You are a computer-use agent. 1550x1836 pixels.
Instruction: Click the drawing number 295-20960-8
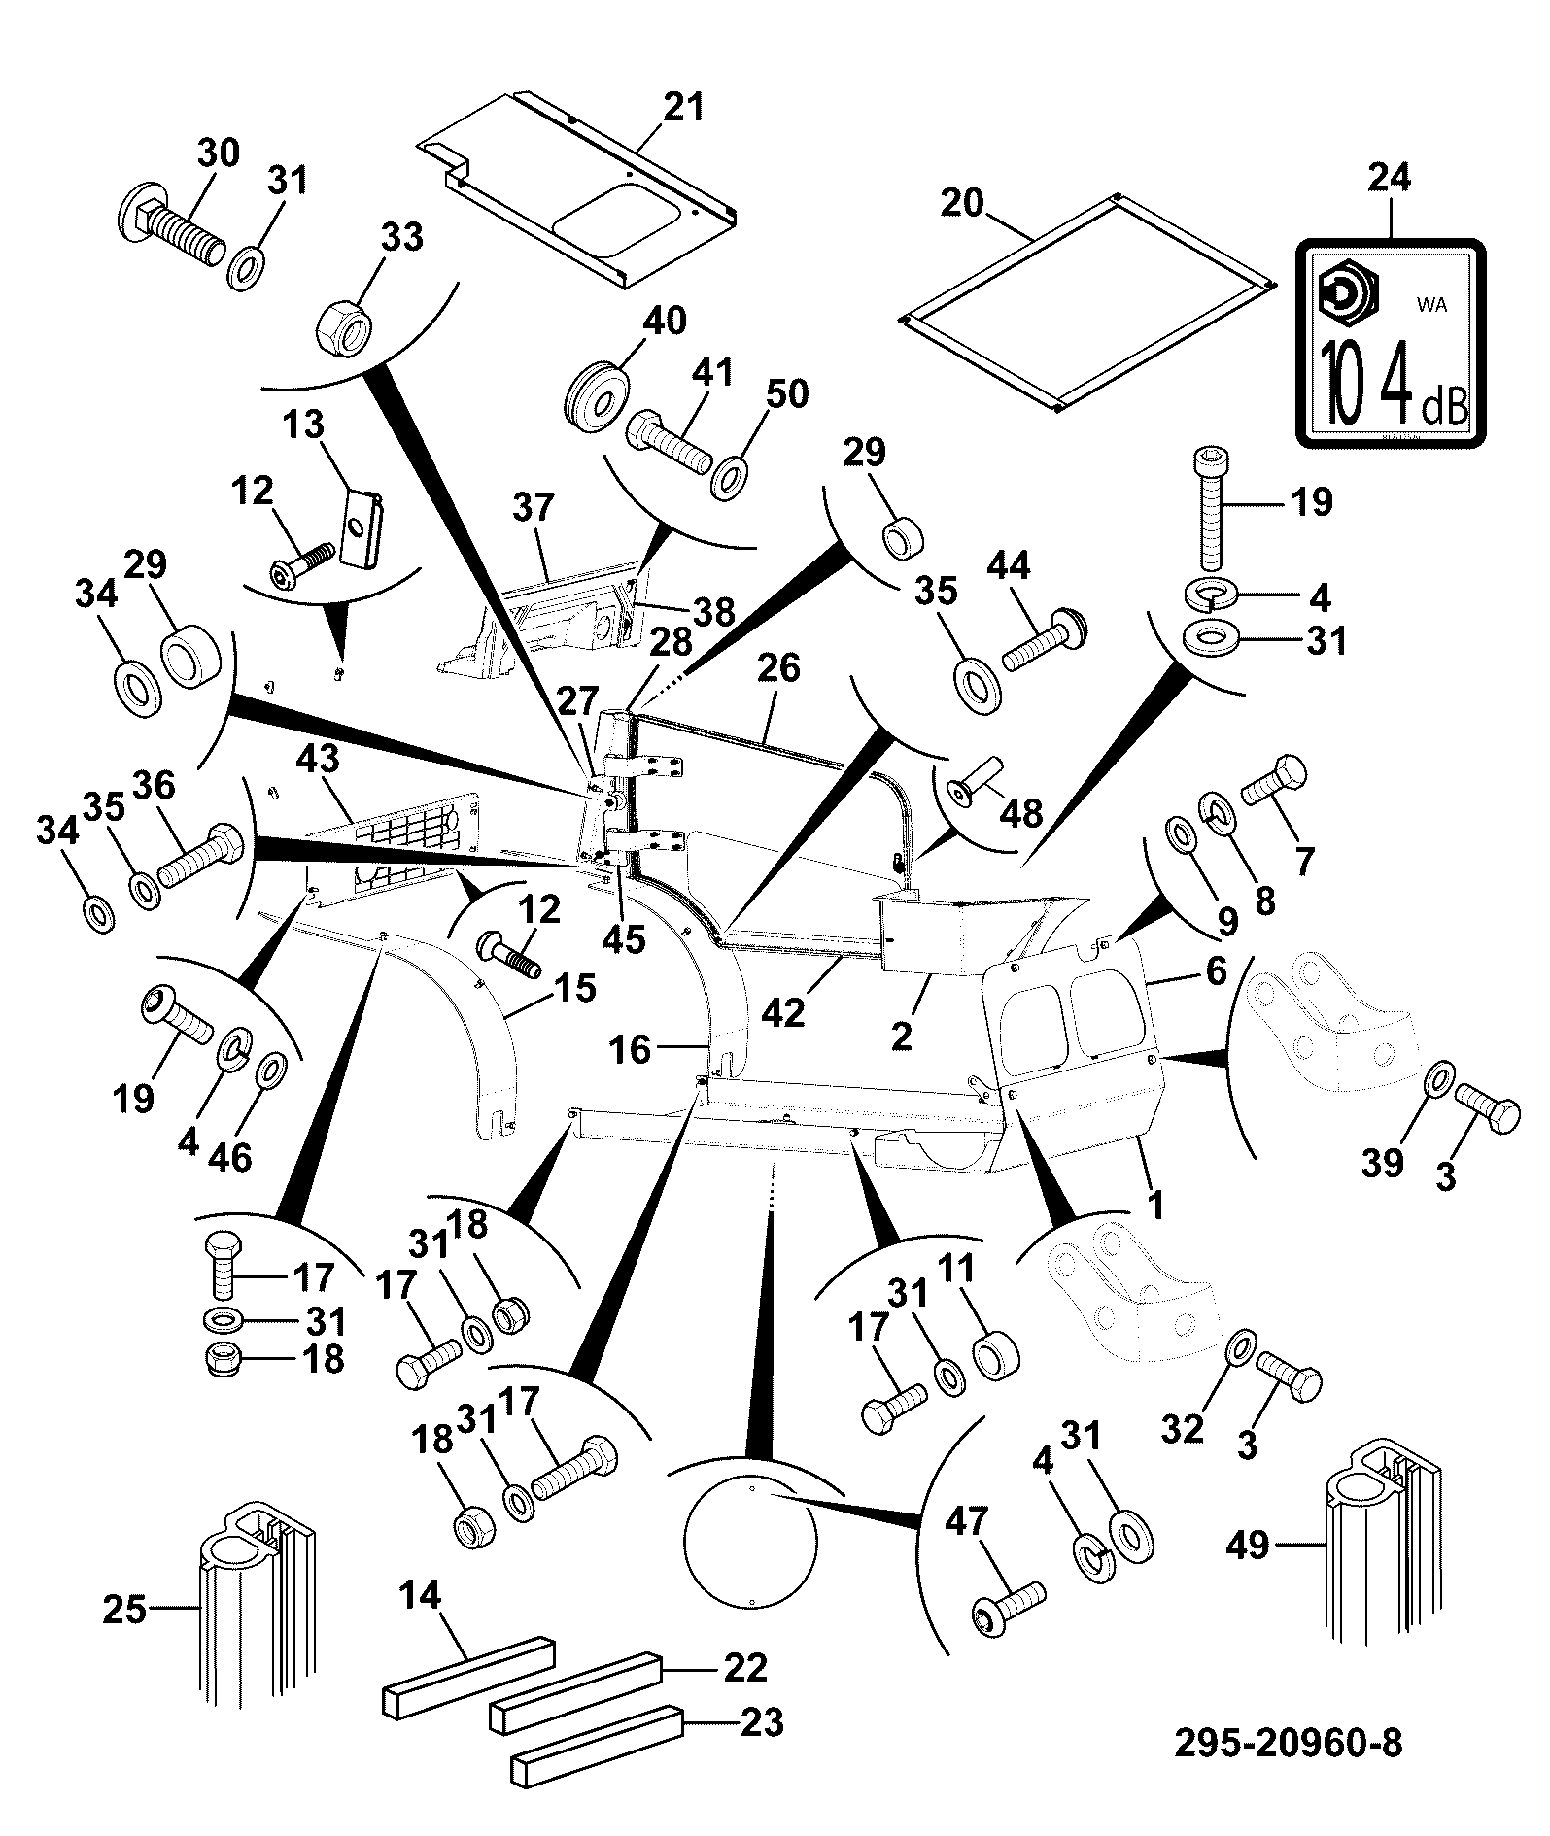(1288, 1742)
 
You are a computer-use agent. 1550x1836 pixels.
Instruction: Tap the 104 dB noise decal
(1392, 342)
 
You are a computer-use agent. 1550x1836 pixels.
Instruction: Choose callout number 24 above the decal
(1390, 178)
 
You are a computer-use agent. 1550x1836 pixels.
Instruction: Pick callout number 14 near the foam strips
(421, 1594)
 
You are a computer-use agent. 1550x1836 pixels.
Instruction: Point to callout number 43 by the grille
(322, 760)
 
